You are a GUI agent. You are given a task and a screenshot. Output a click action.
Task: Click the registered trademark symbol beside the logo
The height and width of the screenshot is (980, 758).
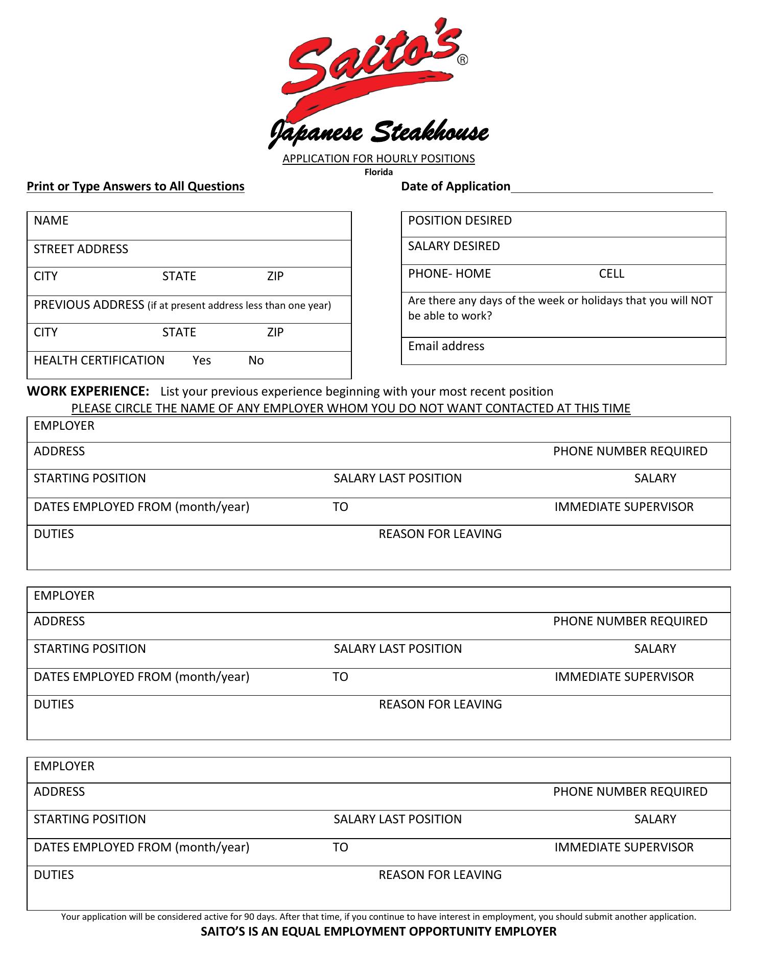pyautogui.click(x=462, y=60)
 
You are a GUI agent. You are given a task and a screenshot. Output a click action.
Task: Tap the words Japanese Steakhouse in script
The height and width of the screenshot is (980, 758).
pyautogui.click(x=378, y=133)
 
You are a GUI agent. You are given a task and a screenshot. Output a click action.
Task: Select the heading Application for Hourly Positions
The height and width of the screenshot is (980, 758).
pyautogui.click(x=378, y=159)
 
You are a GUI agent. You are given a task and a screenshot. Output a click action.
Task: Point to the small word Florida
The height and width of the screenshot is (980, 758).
pyautogui.click(x=378, y=173)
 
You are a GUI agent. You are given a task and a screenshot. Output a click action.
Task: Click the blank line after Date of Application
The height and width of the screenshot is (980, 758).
pyautogui.click(x=611, y=187)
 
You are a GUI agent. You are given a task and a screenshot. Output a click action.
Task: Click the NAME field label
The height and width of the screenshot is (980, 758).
pyautogui.click(x=51, y=220)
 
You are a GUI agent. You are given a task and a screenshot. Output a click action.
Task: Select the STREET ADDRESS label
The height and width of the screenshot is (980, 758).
pyautogui.click(x=81, y=249)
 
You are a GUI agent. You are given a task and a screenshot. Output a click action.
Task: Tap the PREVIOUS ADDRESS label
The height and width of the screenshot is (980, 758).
pyautogui.click(x=89, y=305)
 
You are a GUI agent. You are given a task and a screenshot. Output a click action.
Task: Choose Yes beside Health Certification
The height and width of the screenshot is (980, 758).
pyautogui.click(x=202, y=360)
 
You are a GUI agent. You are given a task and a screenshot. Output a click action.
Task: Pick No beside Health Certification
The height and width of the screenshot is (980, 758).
pyautogui.click(x=256, y=360)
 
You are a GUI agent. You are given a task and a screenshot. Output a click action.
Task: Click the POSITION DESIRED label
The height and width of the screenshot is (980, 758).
pyautogui.click(x=460, y=220)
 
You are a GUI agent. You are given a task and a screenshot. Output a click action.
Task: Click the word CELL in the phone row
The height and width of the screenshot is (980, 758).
pyautogui.click(x=611, y=274)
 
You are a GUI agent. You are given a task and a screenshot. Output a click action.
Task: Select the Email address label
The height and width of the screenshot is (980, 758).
pyautogui.click(x=446, y=346)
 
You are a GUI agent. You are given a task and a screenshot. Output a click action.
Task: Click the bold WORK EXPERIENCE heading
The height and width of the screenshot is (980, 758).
pyautogui.click(x=88, y=391)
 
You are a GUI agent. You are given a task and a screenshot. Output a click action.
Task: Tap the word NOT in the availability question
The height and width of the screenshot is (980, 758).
pyautogui.click(x=701, y=301)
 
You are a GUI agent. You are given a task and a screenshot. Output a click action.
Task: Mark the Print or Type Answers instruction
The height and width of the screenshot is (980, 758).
pyautogui.click(x=135, y=186)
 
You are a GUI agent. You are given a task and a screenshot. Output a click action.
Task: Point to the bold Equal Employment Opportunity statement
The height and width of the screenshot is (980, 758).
pyautogui.click(x=378, y=932)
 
